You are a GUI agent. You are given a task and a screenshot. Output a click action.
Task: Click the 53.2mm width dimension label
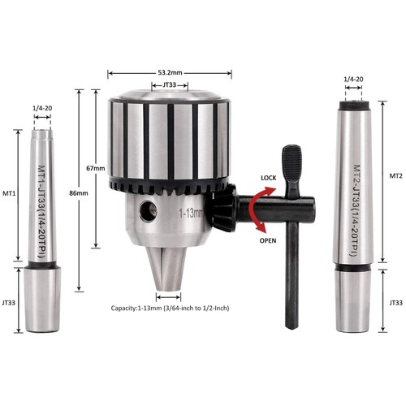click(170, 72)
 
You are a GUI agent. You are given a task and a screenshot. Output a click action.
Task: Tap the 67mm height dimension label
click(96, 168)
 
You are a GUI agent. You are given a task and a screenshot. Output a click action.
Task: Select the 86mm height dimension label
click(79, 193)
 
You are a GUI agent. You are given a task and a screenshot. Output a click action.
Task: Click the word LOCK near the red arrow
click(269, 178)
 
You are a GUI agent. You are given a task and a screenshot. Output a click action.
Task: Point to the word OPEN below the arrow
click(268, 240)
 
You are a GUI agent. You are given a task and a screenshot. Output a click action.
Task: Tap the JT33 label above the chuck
click(170, 85)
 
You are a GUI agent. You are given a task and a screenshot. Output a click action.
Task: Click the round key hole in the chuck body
click(149, 209)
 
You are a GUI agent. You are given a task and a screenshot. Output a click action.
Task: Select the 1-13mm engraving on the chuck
click(192, 214)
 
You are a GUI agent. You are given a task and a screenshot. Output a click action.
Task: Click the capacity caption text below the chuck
click(170, 308)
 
